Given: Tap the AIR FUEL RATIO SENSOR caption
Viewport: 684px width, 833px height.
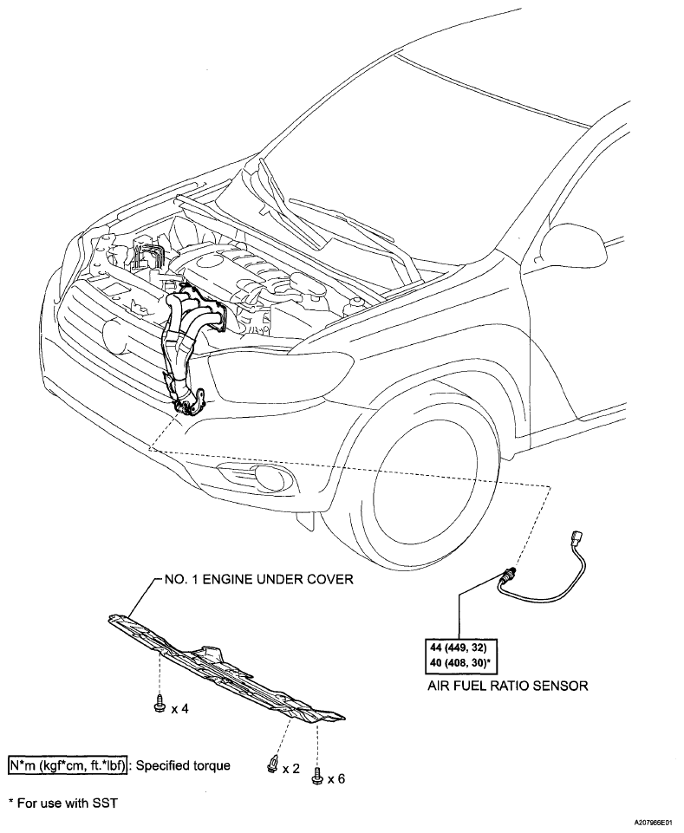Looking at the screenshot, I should [x=508, y=686].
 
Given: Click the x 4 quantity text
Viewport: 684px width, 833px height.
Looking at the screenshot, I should [x=179, y=708].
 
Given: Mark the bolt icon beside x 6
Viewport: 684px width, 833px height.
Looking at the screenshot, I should [x=318, y=777].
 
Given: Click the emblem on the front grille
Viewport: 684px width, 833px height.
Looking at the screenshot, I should [x=114, y=332].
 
